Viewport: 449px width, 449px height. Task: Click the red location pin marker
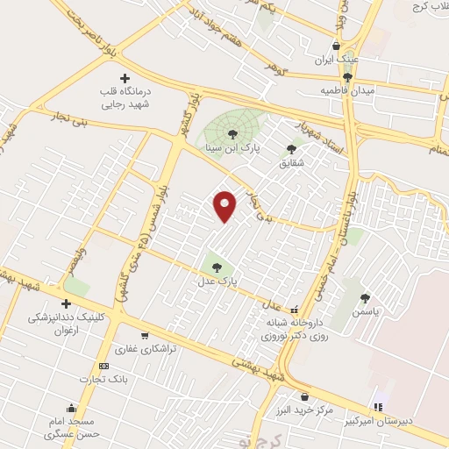point(225,205)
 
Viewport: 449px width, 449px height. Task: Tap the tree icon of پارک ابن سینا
point(232,134)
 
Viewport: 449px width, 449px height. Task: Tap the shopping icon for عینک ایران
point(336,46)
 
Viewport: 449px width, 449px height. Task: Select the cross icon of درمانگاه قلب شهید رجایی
point(125,78)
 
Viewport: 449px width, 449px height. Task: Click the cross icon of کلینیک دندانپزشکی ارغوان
point(66,303)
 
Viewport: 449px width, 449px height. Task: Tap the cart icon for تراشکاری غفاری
point(144,335)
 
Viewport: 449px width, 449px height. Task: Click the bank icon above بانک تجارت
point(104,366)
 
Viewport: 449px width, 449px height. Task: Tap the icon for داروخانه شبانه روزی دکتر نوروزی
point(295,310)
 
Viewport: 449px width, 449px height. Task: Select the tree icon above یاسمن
point(365,298)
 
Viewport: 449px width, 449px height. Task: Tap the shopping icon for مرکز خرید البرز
point(304,396)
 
